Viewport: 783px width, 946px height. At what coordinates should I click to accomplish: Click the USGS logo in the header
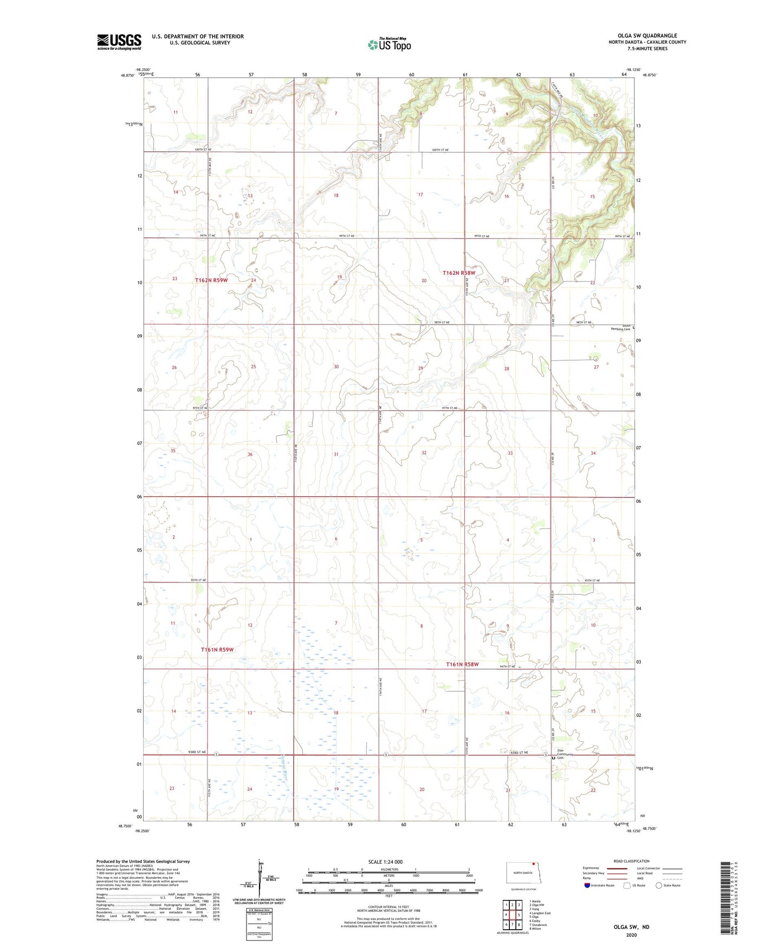pyautogui.click(x=119, y=42)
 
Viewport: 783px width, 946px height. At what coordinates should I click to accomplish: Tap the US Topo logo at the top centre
pyautogui.click(x=389, y=44)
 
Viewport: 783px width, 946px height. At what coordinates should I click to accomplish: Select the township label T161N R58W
pyautogui.click(x=462, y=664)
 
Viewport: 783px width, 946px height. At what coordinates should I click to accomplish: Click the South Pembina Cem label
pyautogui.click(x=620, y=328)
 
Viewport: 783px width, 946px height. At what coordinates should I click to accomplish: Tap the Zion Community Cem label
pyautogui.click(x=565, y=754)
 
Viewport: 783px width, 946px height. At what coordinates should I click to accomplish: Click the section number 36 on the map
pyautogui.click(x=250, y=454)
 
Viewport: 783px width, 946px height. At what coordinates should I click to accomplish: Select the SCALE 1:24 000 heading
pyautogui.click(x=385, y=861)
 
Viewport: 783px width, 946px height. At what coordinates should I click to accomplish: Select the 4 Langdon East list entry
pyautogui.click(x=540, y=913)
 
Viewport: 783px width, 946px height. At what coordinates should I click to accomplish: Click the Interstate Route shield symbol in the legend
pyautogui.click(x=588, y=885)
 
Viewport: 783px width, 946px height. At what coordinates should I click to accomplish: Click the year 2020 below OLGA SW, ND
pyautogui.click(x=631, y=935)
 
